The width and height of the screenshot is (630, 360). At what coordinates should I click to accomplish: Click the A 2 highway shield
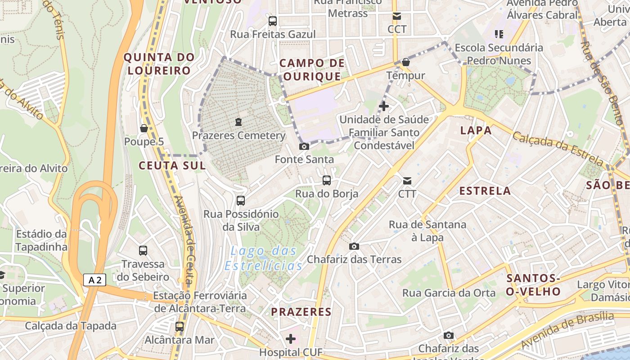click(x=94, y=280)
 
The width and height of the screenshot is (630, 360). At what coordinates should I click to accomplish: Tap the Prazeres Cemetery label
click(x=238, y=135)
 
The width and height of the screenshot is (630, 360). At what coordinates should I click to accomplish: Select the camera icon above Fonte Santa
click(x=304, y=146)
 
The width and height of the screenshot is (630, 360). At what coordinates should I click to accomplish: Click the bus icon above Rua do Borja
click(x=327, y=180)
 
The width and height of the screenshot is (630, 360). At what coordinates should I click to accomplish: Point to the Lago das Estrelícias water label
click(x=263, y=258)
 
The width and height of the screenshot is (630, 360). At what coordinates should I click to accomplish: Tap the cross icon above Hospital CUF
click(x=291, y=338)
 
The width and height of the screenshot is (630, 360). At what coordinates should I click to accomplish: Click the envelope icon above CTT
click(x=407, y=181)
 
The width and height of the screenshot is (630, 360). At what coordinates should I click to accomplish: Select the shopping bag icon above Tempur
click(x=406, y=62)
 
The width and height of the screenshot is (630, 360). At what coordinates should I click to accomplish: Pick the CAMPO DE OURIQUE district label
click(x=312, y=70)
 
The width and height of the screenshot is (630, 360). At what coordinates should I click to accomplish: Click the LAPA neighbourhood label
click(x=476, y=130)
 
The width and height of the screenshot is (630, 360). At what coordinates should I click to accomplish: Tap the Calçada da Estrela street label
click(x=558, y=149)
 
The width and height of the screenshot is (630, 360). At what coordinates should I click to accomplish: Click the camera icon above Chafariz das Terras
click(x=354, y=246)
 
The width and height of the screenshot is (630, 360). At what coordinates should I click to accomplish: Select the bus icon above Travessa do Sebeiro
click(x=143, y=251)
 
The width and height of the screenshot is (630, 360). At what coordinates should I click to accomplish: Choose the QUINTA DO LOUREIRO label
click(x=159, y=64)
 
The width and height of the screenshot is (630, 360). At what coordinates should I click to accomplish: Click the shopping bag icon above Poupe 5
click(x=144, y=128)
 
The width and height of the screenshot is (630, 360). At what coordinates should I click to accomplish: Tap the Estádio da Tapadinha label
click(x=41, y=240)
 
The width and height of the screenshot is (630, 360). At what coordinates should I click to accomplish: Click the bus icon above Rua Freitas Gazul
click(x=273, y=21)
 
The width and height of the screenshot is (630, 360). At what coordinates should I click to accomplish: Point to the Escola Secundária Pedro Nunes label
click(x=499, y=54)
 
